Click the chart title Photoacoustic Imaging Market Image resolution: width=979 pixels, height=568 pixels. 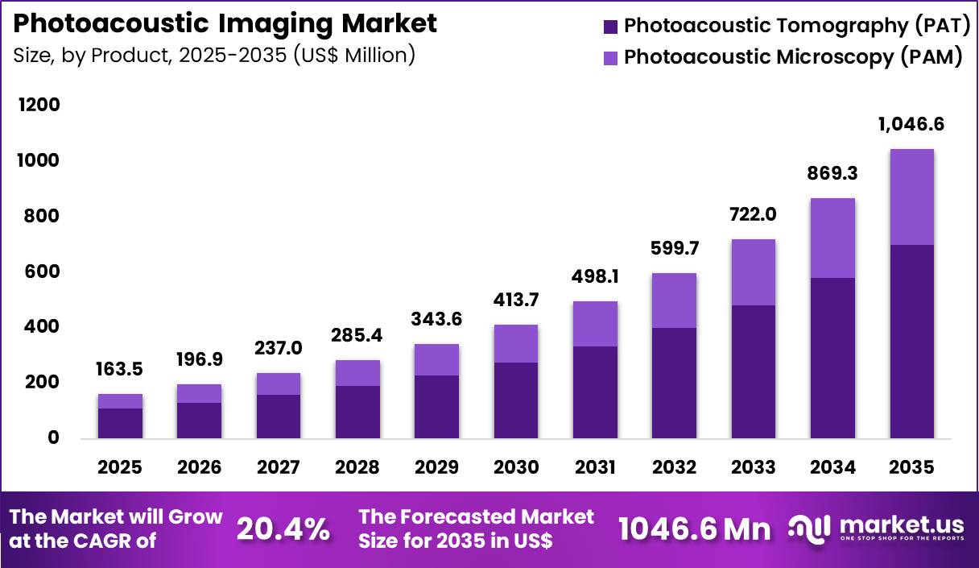tap(225, 23)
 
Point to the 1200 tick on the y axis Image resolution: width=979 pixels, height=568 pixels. tap(39, 106)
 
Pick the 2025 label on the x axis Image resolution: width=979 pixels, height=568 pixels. tap(120, 468)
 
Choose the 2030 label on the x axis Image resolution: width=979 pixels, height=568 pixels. tap(515, 468)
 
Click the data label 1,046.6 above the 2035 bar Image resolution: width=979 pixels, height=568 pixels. tap(911, 125)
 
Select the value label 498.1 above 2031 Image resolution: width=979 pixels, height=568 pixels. tap(595, 277)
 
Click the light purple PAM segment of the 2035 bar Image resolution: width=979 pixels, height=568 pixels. tap(911, 197)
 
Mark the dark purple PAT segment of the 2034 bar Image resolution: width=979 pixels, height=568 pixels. tap(832, 358)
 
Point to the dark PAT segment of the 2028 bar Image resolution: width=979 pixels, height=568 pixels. tap(357, 412)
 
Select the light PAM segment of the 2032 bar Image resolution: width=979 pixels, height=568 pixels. tap(674, 300)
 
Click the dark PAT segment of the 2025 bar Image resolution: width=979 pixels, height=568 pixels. tap(120, 423)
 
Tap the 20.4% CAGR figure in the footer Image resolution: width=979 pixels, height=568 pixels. tap(283, 529)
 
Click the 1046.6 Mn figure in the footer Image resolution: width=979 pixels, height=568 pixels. tap(694, 529)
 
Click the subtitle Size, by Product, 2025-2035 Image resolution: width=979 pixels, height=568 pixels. tap(214, 56)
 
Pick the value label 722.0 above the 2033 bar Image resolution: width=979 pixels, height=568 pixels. tap(753, 215)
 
